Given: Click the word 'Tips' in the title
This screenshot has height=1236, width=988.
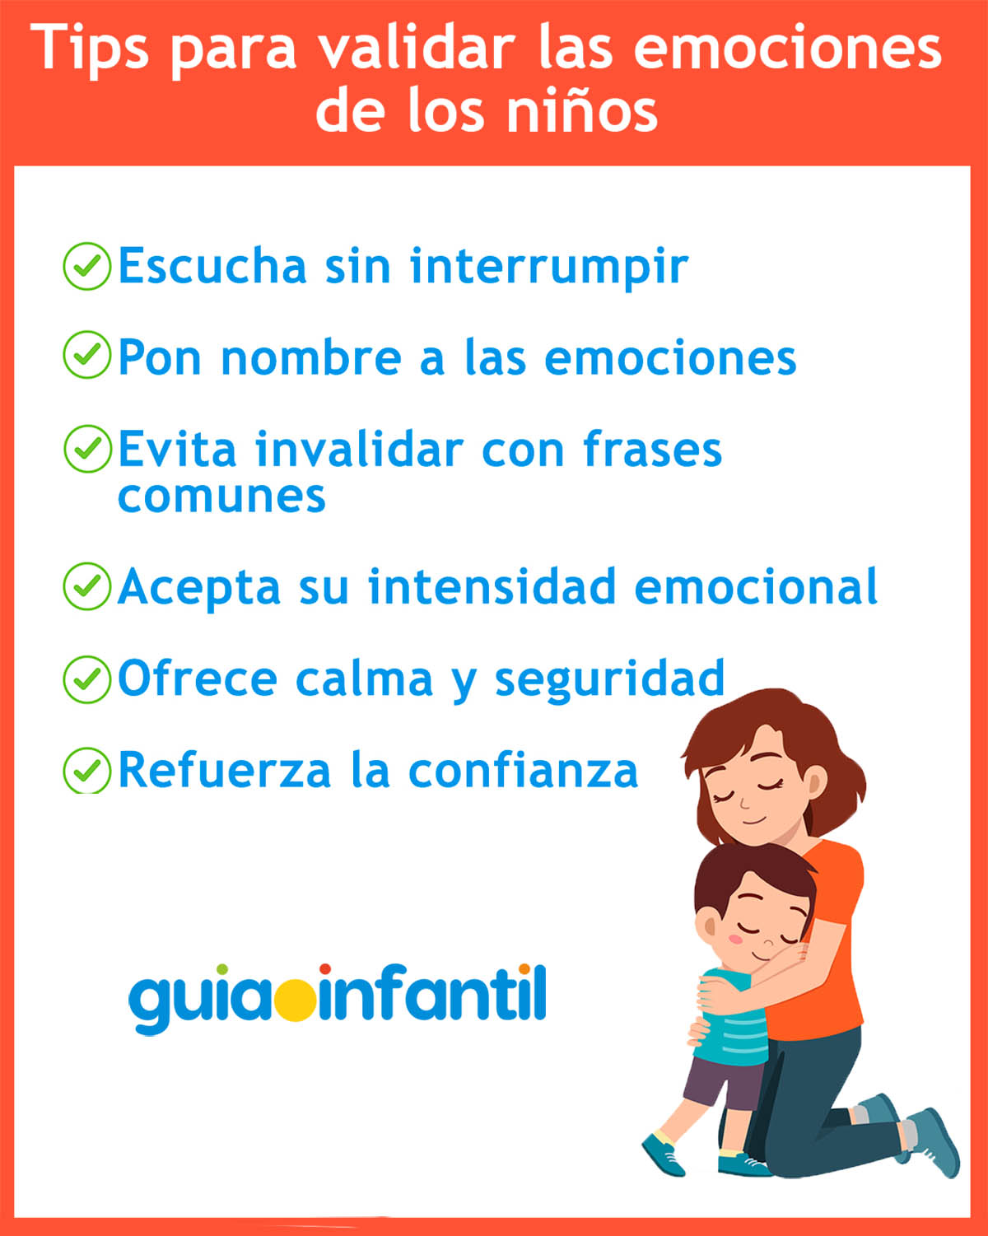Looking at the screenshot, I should click(92, 49).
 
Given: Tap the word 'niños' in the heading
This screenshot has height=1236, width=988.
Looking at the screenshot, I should click(582, 111).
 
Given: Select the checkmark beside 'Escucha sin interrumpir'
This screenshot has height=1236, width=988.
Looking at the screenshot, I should click(86, 266).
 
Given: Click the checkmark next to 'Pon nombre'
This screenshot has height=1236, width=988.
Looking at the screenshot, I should click(86, 355).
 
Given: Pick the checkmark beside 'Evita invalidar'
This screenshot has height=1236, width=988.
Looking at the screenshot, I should click(86, 449).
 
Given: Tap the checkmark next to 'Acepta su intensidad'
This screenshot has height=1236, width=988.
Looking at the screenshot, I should click(86, 586).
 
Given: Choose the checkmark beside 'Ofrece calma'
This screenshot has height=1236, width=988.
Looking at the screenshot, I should click(86, 679).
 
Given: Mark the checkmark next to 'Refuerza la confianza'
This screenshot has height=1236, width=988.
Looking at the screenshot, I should click(86, 771).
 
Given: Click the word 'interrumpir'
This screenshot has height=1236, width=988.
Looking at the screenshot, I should click(548, 267).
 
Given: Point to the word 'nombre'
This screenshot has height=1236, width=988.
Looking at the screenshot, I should click(311, 358).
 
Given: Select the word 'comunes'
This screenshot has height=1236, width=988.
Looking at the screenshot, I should click(221, 497).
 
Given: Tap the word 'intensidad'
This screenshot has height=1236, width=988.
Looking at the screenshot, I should click(492, 586).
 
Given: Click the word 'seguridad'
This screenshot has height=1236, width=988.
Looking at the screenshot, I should click(609, 679).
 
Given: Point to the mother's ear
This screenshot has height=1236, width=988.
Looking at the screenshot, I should click(813, 781).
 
